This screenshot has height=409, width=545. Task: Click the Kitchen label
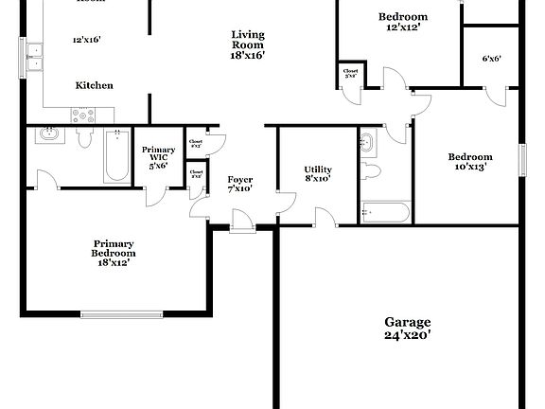[x=95, y=85]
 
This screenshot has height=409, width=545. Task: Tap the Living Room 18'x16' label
[x=249, y=45]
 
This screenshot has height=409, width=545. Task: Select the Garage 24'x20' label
[x=408, y=328]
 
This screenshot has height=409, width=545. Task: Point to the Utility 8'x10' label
[x=318, y=174]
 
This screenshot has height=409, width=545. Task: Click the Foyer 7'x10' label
[x=240, y=184]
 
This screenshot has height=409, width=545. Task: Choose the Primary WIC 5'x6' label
[x=159, y=156]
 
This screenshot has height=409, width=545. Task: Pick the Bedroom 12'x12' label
[x=403, y=22]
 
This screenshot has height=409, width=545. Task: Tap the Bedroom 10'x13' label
[x=470, y=162]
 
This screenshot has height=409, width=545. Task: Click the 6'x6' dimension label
[x=491, y=59]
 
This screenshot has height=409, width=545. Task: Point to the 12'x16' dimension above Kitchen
[x=87, y=41]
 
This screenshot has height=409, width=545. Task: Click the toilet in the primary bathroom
[x=85, y=139]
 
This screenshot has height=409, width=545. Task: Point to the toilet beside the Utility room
[x=371, y=171]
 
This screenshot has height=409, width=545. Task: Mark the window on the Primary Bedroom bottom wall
[x=120, y=313]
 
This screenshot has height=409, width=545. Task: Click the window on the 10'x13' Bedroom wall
[x=521, y=159]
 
